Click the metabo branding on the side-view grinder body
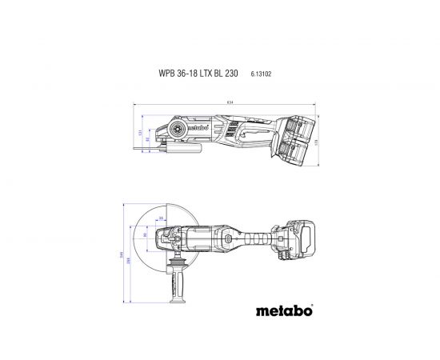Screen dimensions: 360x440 coord(200,126)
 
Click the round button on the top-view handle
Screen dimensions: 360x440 coord(230,238)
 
